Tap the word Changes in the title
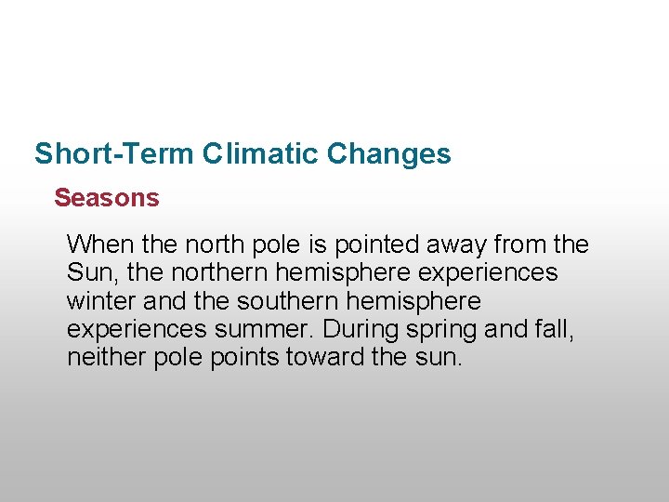[x=389, y=153]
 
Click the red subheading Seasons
[x=107, y=198]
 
